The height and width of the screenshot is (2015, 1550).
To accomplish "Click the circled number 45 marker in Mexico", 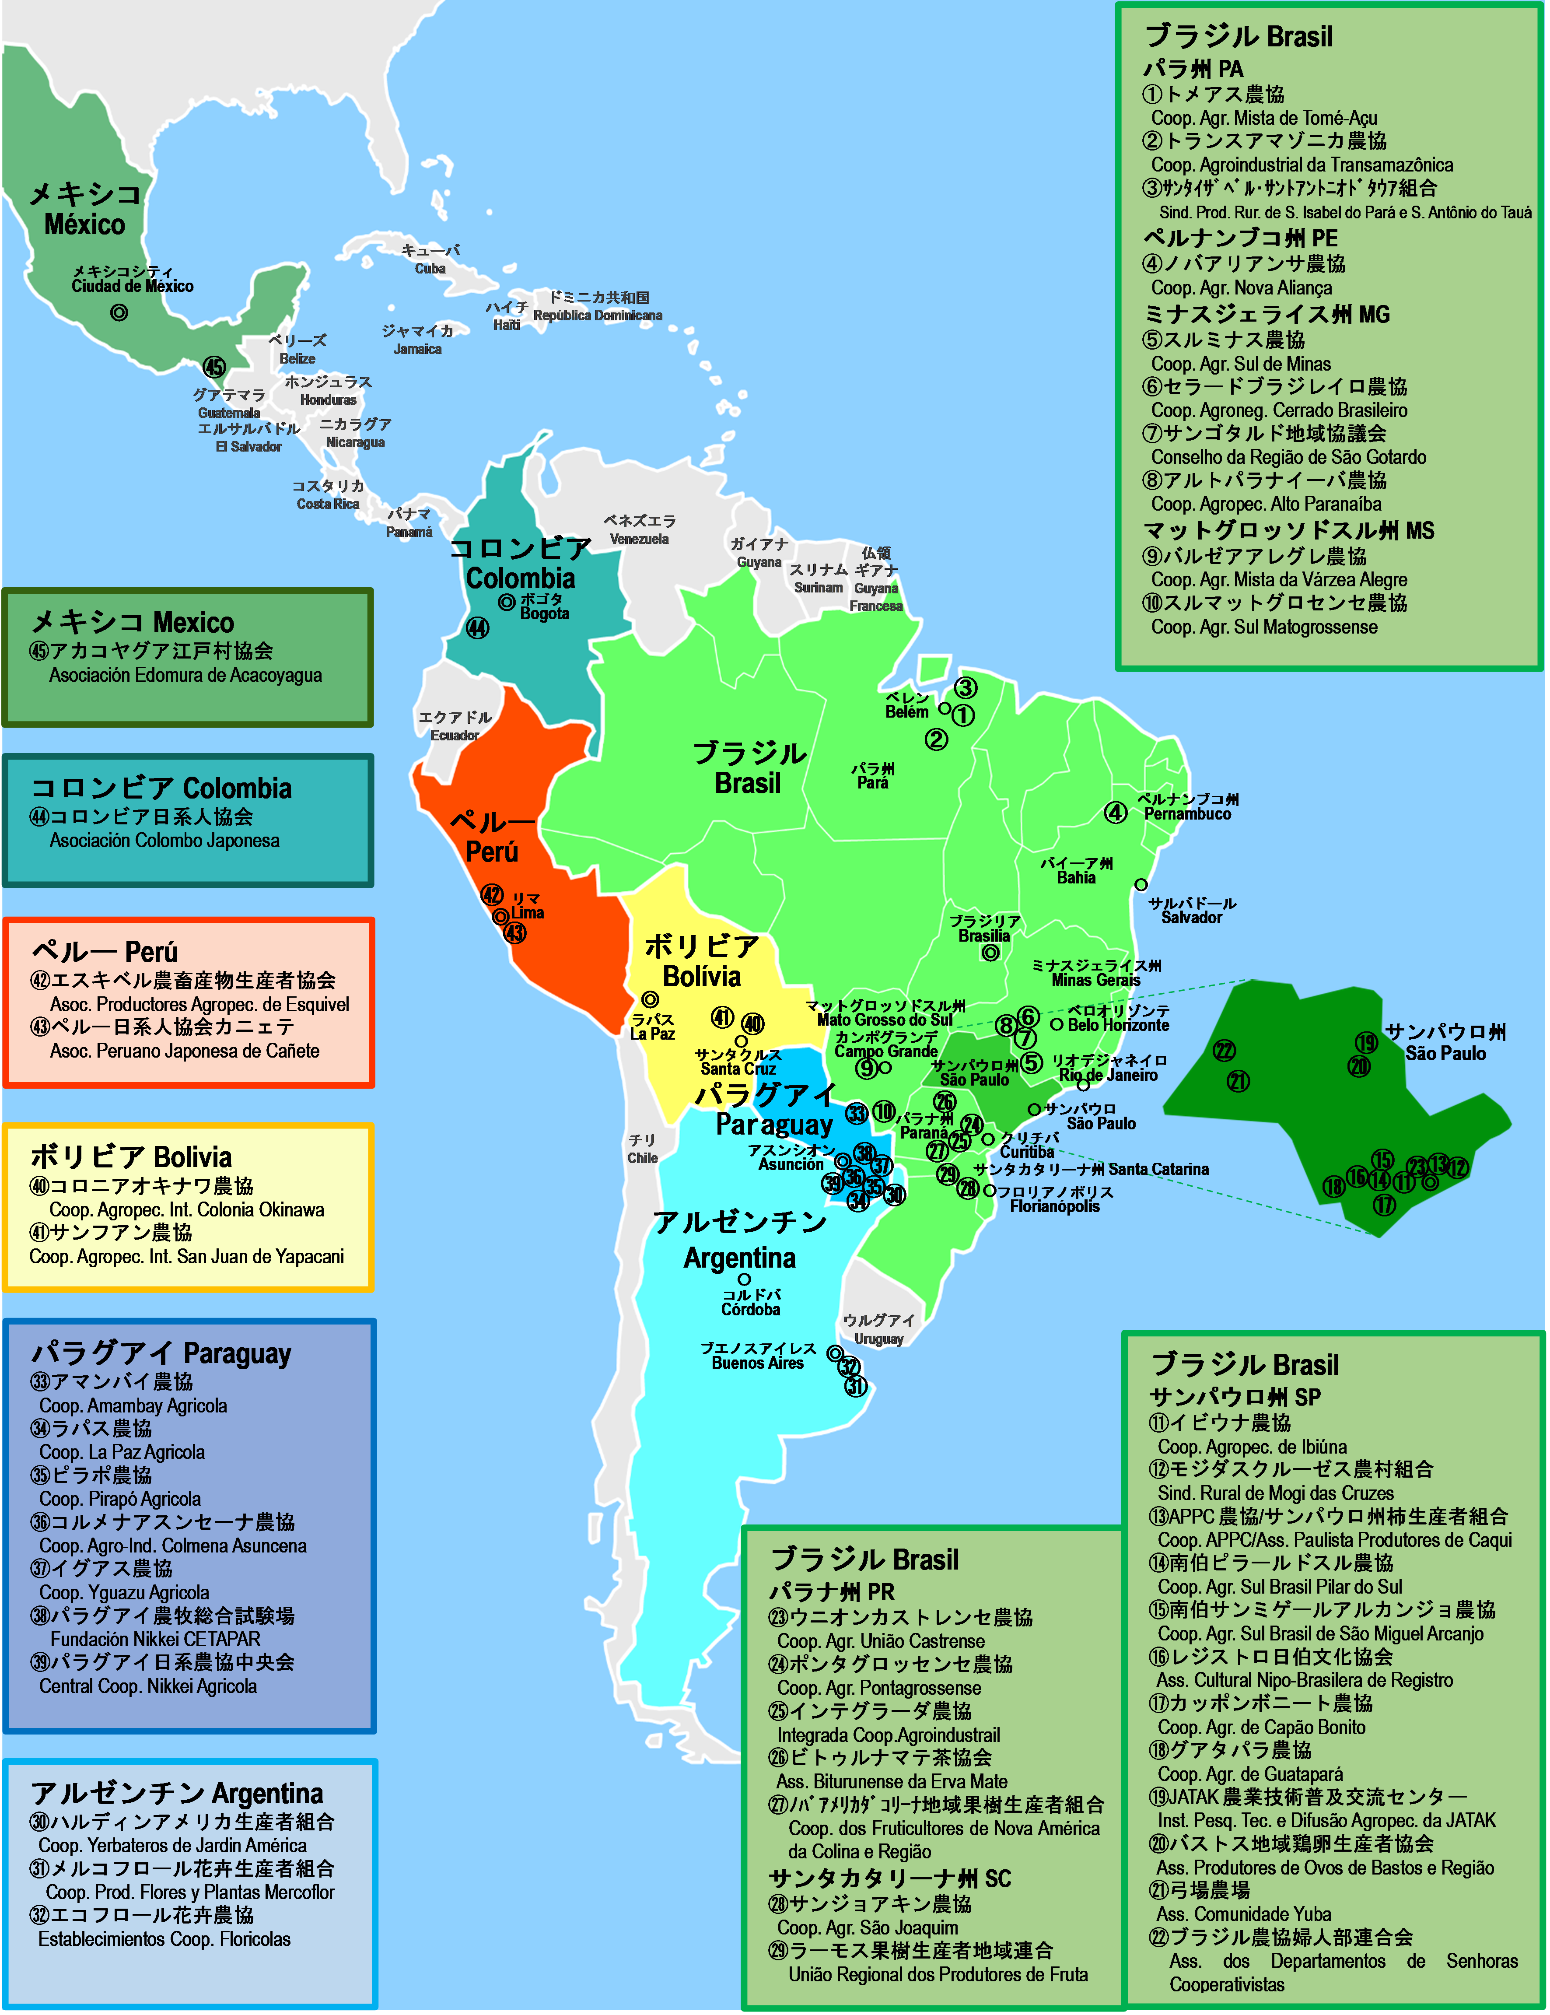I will pyautogui.click(x=214, y=367).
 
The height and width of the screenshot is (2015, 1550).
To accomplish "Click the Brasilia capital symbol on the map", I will pyautogui.click(x=990, y=953).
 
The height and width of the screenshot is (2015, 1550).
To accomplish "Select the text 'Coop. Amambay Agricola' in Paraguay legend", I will pyautogui.click(x=133, y=1405).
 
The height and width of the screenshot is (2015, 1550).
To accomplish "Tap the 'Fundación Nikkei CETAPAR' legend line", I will pyautogui.click(x=155, y=1639).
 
